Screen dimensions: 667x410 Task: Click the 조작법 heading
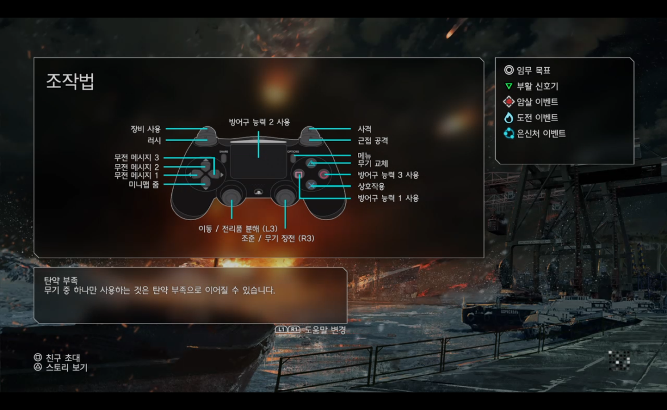(x=70, y=81)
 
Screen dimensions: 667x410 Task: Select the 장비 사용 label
(x=146, y=129)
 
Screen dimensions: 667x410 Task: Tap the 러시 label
(x=154, y=140)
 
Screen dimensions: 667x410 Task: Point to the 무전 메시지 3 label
(x=137, y=158)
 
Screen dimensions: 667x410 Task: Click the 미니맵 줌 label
(x=143, y=184)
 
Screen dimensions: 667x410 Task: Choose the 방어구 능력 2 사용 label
(x=259, y=122)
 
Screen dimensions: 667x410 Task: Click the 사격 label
(x=364, y=129)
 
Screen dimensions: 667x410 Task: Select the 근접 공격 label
(x=373, y=140)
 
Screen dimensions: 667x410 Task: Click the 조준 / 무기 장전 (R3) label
(x=278, y=239)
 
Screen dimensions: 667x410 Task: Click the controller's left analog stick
(x=232, y=196)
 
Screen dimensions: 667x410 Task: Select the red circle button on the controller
(x=323, y=175)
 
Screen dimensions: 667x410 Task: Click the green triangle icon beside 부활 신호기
(x=509, y=87)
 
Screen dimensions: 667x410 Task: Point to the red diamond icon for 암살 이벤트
(x=509, y=102)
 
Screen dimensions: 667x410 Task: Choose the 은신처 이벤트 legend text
(x=541, y=134)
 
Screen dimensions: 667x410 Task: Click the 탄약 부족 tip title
(x=61, y=280)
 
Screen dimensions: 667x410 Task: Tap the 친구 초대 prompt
(x=63, y=358)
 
